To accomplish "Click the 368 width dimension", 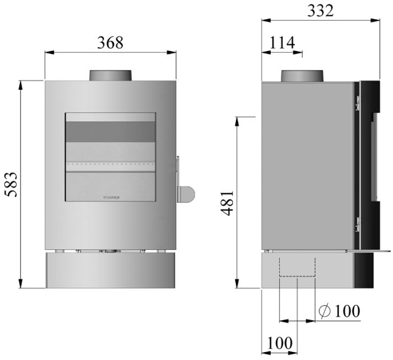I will click(x=110, y=43).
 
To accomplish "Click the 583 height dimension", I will click(x=11, y=184).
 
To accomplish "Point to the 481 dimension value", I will click(x=228, y=203).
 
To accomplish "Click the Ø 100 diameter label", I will click(x=339, y=311).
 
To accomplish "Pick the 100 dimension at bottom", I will click(x=280, y=342).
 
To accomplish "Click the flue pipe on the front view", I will click(x=111, y=76).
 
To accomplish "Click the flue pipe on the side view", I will click(x=303, y=76).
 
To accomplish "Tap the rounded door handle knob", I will click(x=187, y=194).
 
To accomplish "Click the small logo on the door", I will click(x=111, y=198).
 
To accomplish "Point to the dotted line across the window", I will click(x=111, y=165).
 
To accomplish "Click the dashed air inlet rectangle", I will click(x=297, y=267).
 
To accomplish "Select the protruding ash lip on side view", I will click(x=371, y=250).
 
